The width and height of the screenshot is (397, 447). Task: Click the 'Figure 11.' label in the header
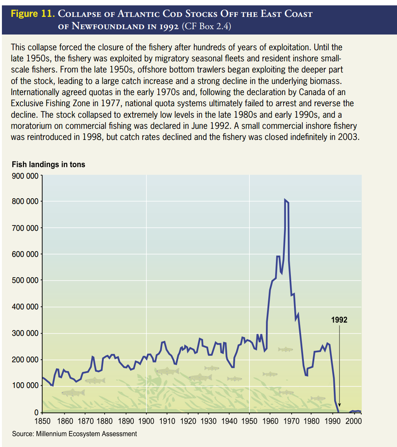pos(33,15)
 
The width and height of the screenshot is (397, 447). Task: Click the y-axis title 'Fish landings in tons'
pos(49,165)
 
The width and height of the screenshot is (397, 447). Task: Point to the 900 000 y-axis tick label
pos(25,176)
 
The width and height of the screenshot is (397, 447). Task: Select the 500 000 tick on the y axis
pos(25,281)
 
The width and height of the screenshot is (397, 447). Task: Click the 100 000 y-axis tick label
pos(25,386)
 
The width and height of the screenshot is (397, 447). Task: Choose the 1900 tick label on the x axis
pos(146,421)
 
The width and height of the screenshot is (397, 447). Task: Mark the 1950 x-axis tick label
pos(249,421)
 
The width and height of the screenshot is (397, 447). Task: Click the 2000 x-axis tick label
pos(353,421)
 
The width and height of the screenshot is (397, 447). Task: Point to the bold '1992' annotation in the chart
pos(340,320)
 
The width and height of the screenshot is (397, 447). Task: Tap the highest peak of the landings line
pos(285,200)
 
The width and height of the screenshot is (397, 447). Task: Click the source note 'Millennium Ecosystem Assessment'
pos(86,434)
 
